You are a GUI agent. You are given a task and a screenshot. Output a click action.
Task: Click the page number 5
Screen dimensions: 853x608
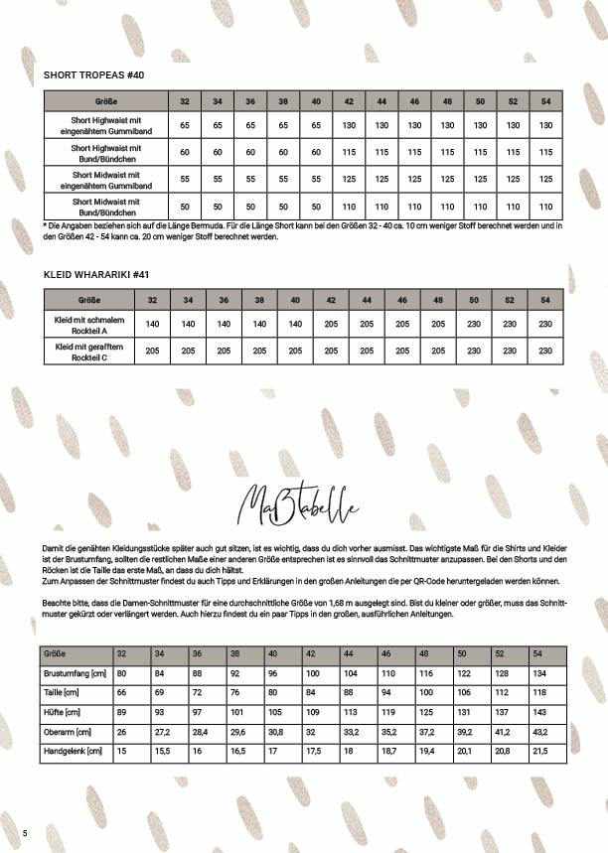[25, 831]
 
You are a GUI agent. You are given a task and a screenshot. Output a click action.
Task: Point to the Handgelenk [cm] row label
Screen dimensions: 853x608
[72, 750]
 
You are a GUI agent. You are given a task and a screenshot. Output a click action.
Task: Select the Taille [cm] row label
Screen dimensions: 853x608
[61, 693]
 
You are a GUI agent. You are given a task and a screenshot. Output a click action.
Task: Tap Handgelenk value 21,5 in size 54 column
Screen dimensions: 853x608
[541, 750]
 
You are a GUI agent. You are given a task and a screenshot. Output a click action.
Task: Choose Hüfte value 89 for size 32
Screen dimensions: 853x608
[123, 712]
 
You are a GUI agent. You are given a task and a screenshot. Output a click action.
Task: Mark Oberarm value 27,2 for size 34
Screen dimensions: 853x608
[161, 731]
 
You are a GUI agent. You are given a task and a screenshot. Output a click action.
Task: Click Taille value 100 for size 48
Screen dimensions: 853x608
[426, 693]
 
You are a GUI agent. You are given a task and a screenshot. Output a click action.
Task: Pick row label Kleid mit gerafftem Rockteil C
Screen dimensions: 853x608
[90, 351]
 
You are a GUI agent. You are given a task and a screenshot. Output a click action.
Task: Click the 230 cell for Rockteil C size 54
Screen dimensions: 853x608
[544, 351]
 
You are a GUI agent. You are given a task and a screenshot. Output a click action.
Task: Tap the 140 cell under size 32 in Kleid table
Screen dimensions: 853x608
[153, 324]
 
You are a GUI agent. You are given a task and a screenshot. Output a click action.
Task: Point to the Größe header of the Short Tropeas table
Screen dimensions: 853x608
[105, 101]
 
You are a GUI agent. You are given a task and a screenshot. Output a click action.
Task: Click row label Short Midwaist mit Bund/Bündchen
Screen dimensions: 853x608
[105, 207]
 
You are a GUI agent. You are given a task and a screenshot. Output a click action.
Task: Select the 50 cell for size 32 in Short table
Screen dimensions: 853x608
[185, 207]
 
